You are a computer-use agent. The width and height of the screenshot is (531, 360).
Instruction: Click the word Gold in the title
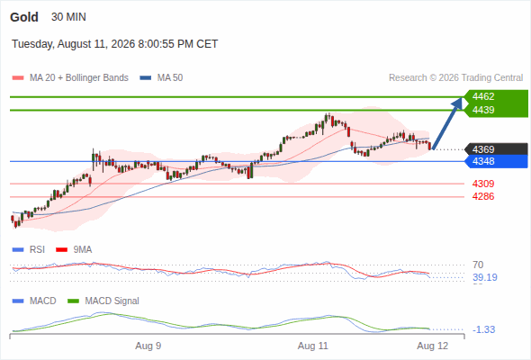pos(24,17)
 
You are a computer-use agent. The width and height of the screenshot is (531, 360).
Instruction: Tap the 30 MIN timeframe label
pos(68,17)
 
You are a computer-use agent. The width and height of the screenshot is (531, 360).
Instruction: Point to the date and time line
pos(115,44)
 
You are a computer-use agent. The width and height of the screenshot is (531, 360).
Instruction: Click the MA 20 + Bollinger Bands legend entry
pos(70,78)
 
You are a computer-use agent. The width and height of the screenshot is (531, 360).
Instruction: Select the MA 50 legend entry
pos(161,78)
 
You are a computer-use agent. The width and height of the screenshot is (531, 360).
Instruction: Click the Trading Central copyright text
pos(455,78)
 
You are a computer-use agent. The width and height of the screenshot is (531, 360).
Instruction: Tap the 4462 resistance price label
pos(483,96)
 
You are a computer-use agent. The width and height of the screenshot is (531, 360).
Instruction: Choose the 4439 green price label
pos(483,110)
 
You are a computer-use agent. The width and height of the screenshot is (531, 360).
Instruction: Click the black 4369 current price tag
pos(497,149)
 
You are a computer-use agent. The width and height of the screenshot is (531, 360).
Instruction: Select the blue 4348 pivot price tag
pos(497,161)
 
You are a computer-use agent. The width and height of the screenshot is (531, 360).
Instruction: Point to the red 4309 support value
pos(483,184)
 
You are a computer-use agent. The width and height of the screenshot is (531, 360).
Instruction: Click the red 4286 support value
pos(483,196)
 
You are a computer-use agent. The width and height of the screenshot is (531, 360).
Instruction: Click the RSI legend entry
pos(29,249)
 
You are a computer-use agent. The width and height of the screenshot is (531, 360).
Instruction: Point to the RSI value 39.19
pos(485,278)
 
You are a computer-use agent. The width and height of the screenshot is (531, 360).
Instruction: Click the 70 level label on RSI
pos(478,265)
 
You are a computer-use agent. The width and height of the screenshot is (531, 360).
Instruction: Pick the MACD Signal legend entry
pos(103,301)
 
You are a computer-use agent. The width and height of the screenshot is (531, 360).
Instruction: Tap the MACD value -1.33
pos(483,329)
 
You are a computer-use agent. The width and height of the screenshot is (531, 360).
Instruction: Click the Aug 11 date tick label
pos(313,346)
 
